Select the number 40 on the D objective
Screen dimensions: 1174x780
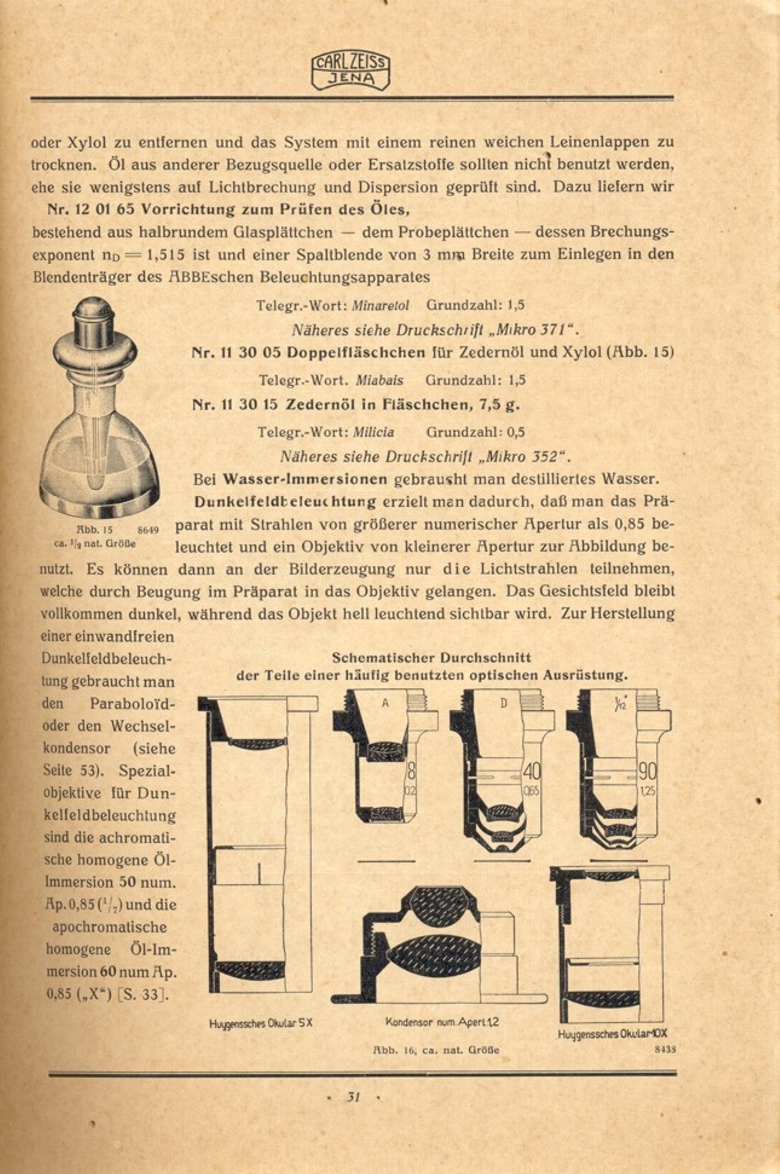pyautogui.click(x=532, y=771)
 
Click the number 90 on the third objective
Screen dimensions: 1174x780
pyautogui.click(x=648, y=771)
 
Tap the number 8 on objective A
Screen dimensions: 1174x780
pyautogui.click(x=411, y=771)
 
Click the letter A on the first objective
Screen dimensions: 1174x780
pyautogui.click(x=385, y=703)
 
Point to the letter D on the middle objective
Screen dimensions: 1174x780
pyautogui.click(x=503, y=703)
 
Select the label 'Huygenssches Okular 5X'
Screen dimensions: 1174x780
pyautogui.click(x=261, y=1023)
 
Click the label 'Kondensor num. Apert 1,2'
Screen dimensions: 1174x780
pyautogui.click(x=442, y=1022)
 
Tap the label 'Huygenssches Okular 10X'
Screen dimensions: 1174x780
pyautogui.click(x=612, y=1034)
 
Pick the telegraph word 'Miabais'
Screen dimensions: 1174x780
pyautogui.click(x=379, y=381)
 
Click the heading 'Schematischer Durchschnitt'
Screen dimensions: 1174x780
pyautogui.click(x=432, y=658)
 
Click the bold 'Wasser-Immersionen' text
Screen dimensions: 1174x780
pyautogui.click(x=305, y=479)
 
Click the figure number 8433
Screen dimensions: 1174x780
pyautogui.click(x=665, y=1050)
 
